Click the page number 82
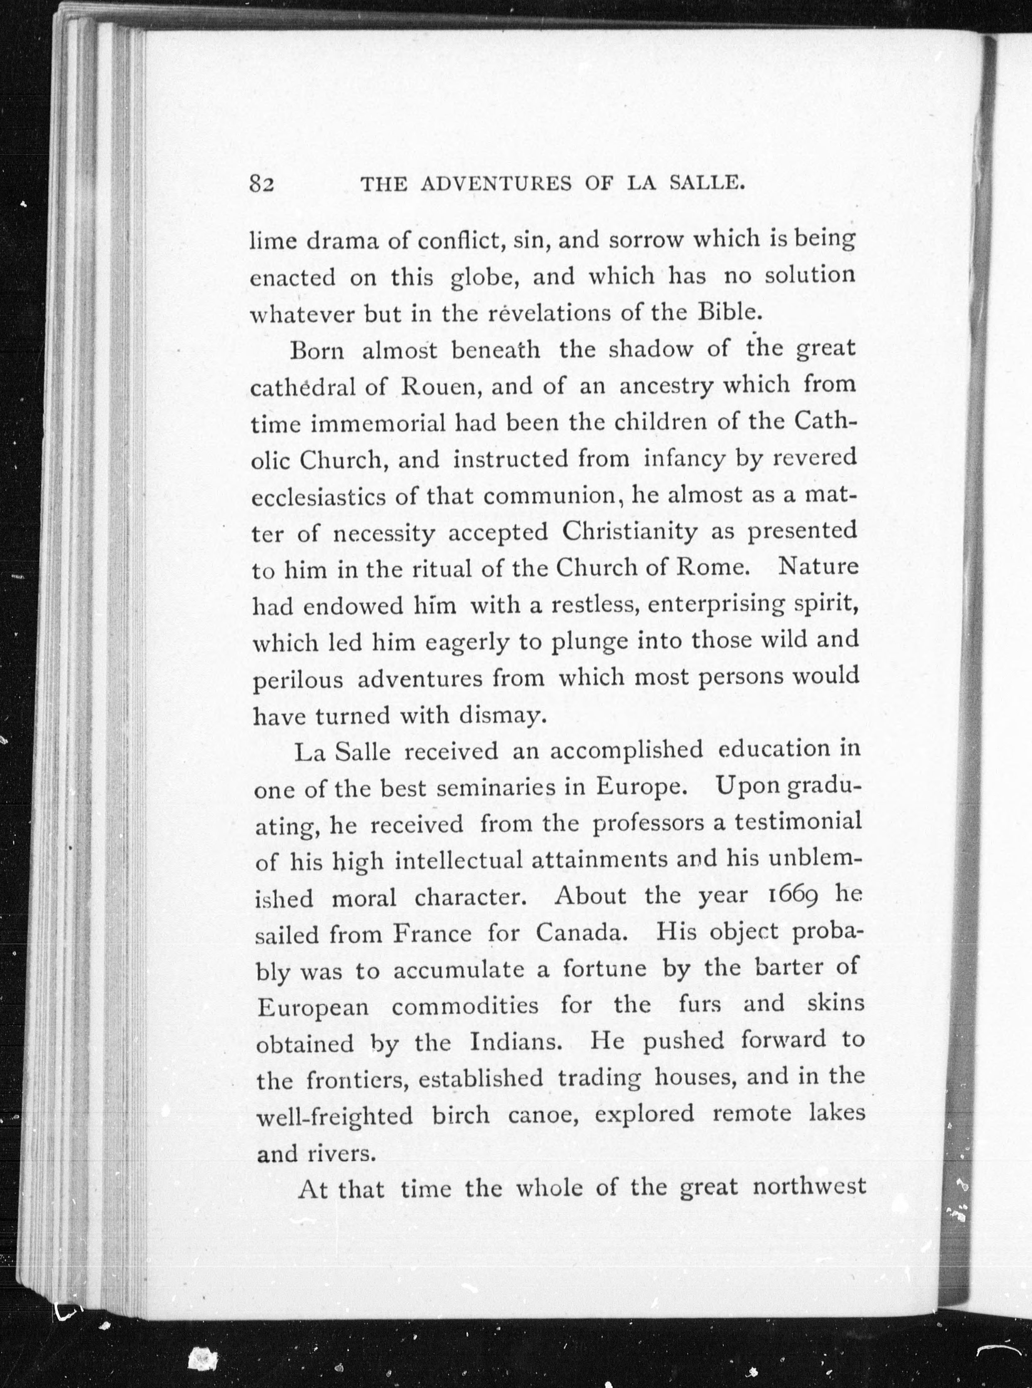(263, 184)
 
